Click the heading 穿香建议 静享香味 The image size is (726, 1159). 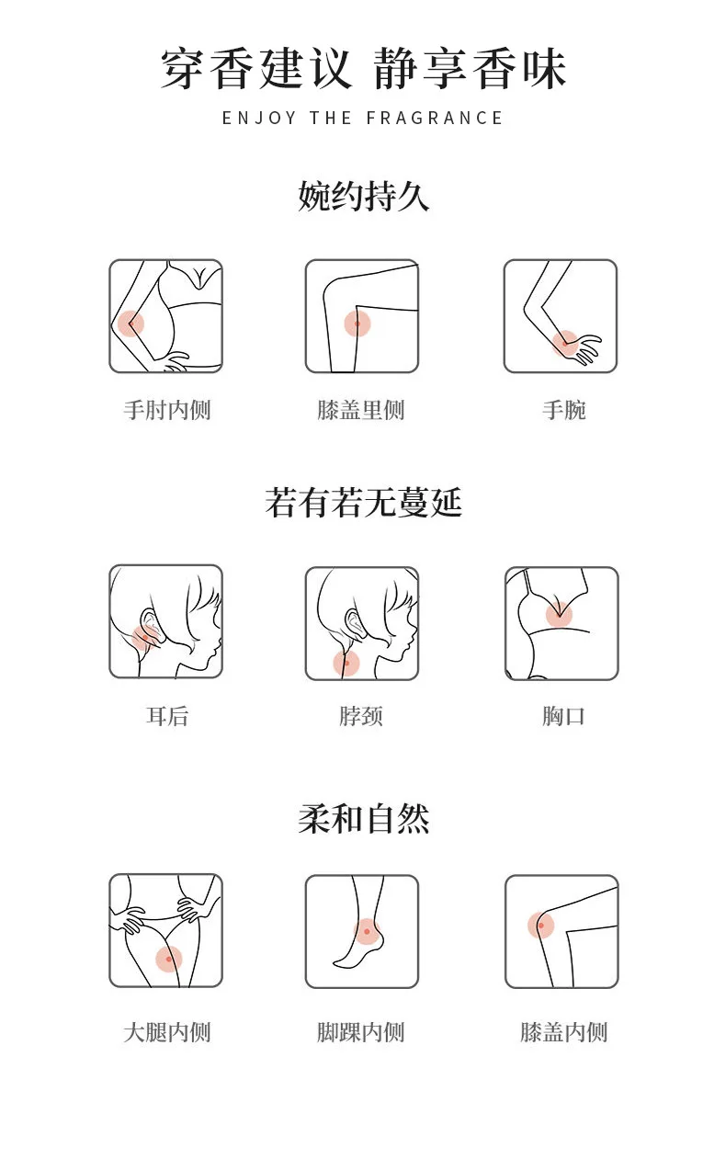click(363, 68)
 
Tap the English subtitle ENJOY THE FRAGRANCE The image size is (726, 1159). click(362, 118)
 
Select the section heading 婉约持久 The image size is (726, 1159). click(363, 196)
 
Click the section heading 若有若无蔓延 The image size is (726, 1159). click(363, 503)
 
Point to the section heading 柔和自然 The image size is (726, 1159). click(363, 819)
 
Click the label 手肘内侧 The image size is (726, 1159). click(166, 410)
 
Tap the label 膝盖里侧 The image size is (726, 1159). click(360, 410)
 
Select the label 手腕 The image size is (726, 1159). click(564, 410)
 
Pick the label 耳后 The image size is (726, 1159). click(166, 716)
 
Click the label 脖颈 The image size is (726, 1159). click(360, 716)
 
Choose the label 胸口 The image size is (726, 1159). click(563, 716)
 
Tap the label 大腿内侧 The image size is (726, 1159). click(166, 1032)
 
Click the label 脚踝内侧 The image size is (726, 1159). click(360, 1032)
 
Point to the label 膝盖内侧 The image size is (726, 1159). click(563, 1032)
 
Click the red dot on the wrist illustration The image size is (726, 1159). click(564, 343)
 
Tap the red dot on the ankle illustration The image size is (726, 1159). click(367, 932)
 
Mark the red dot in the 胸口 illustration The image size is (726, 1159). click(559, 614)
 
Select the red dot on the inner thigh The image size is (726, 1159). click(169, 959)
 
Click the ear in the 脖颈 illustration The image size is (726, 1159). click(356, 621)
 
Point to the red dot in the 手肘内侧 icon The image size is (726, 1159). click(130, 324)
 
